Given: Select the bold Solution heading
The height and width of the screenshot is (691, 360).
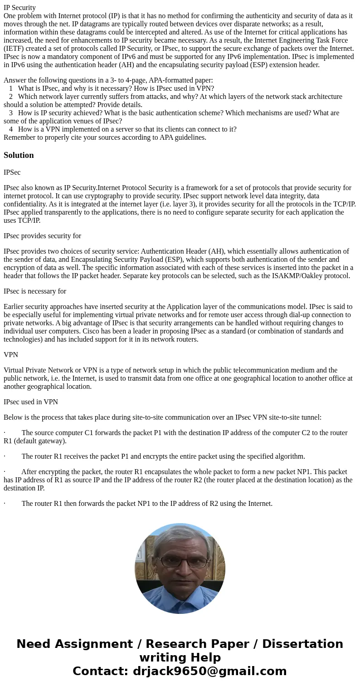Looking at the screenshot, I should click(19, 155).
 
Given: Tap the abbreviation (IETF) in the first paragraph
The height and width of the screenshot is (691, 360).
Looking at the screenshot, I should click(15, 49).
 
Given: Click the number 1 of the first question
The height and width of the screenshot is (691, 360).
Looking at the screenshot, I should click(11, 88).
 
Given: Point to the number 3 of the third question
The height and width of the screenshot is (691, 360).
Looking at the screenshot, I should click(11, 113).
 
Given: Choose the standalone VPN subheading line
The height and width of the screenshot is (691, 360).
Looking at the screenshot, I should click(11, 355).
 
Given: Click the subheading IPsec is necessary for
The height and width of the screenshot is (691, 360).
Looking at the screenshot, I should click(35, 291).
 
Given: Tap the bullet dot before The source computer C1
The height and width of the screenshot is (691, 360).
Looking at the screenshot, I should click(5, 433).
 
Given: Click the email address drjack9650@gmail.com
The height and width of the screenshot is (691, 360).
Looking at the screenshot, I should click(209, 671).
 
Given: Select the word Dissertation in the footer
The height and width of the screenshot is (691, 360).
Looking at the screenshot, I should click(302, 644).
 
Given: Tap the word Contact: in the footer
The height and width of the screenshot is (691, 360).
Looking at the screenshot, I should click(100, 671).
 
